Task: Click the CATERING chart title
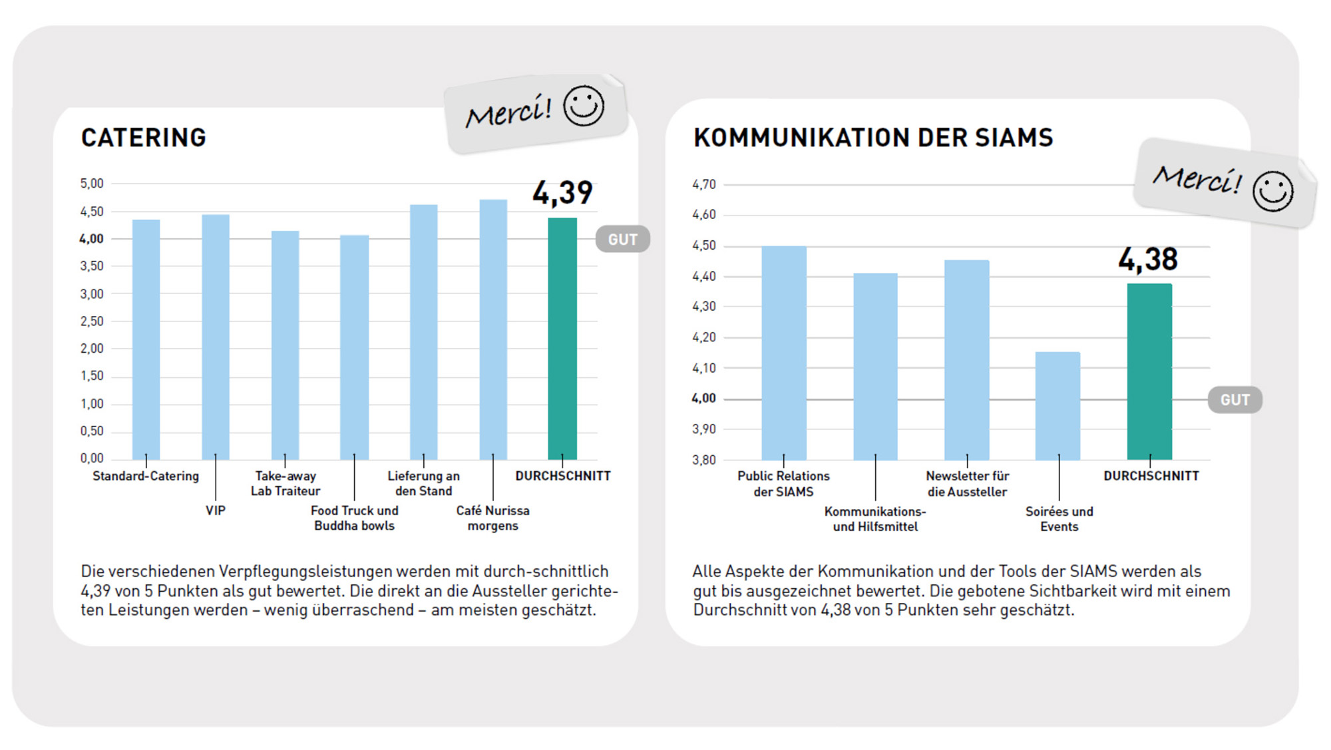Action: [x=144, y=138]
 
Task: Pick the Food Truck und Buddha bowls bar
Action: [x=354, y=347]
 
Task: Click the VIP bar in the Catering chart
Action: [x=216, y=337]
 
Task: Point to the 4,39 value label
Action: [x=562, y=193]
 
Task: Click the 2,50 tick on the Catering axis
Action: [x=92, y=321]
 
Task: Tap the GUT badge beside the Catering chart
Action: [x=623, y=240]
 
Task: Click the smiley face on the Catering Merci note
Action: [x=584, y=106]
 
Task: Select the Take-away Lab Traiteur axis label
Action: [x=285, y=483]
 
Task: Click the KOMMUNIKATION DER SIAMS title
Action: [x=873, y=138]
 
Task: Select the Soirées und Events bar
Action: [x=1058, y=405]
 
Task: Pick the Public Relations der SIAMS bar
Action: [x=784, y=353]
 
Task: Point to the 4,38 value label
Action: [x=1148, y=260]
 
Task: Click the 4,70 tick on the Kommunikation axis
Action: [x=704, y=184]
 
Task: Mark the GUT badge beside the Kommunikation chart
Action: [x=1235, y=400]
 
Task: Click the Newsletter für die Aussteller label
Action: [x=968, y=484]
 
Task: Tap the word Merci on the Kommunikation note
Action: [x=1197, y=179]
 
